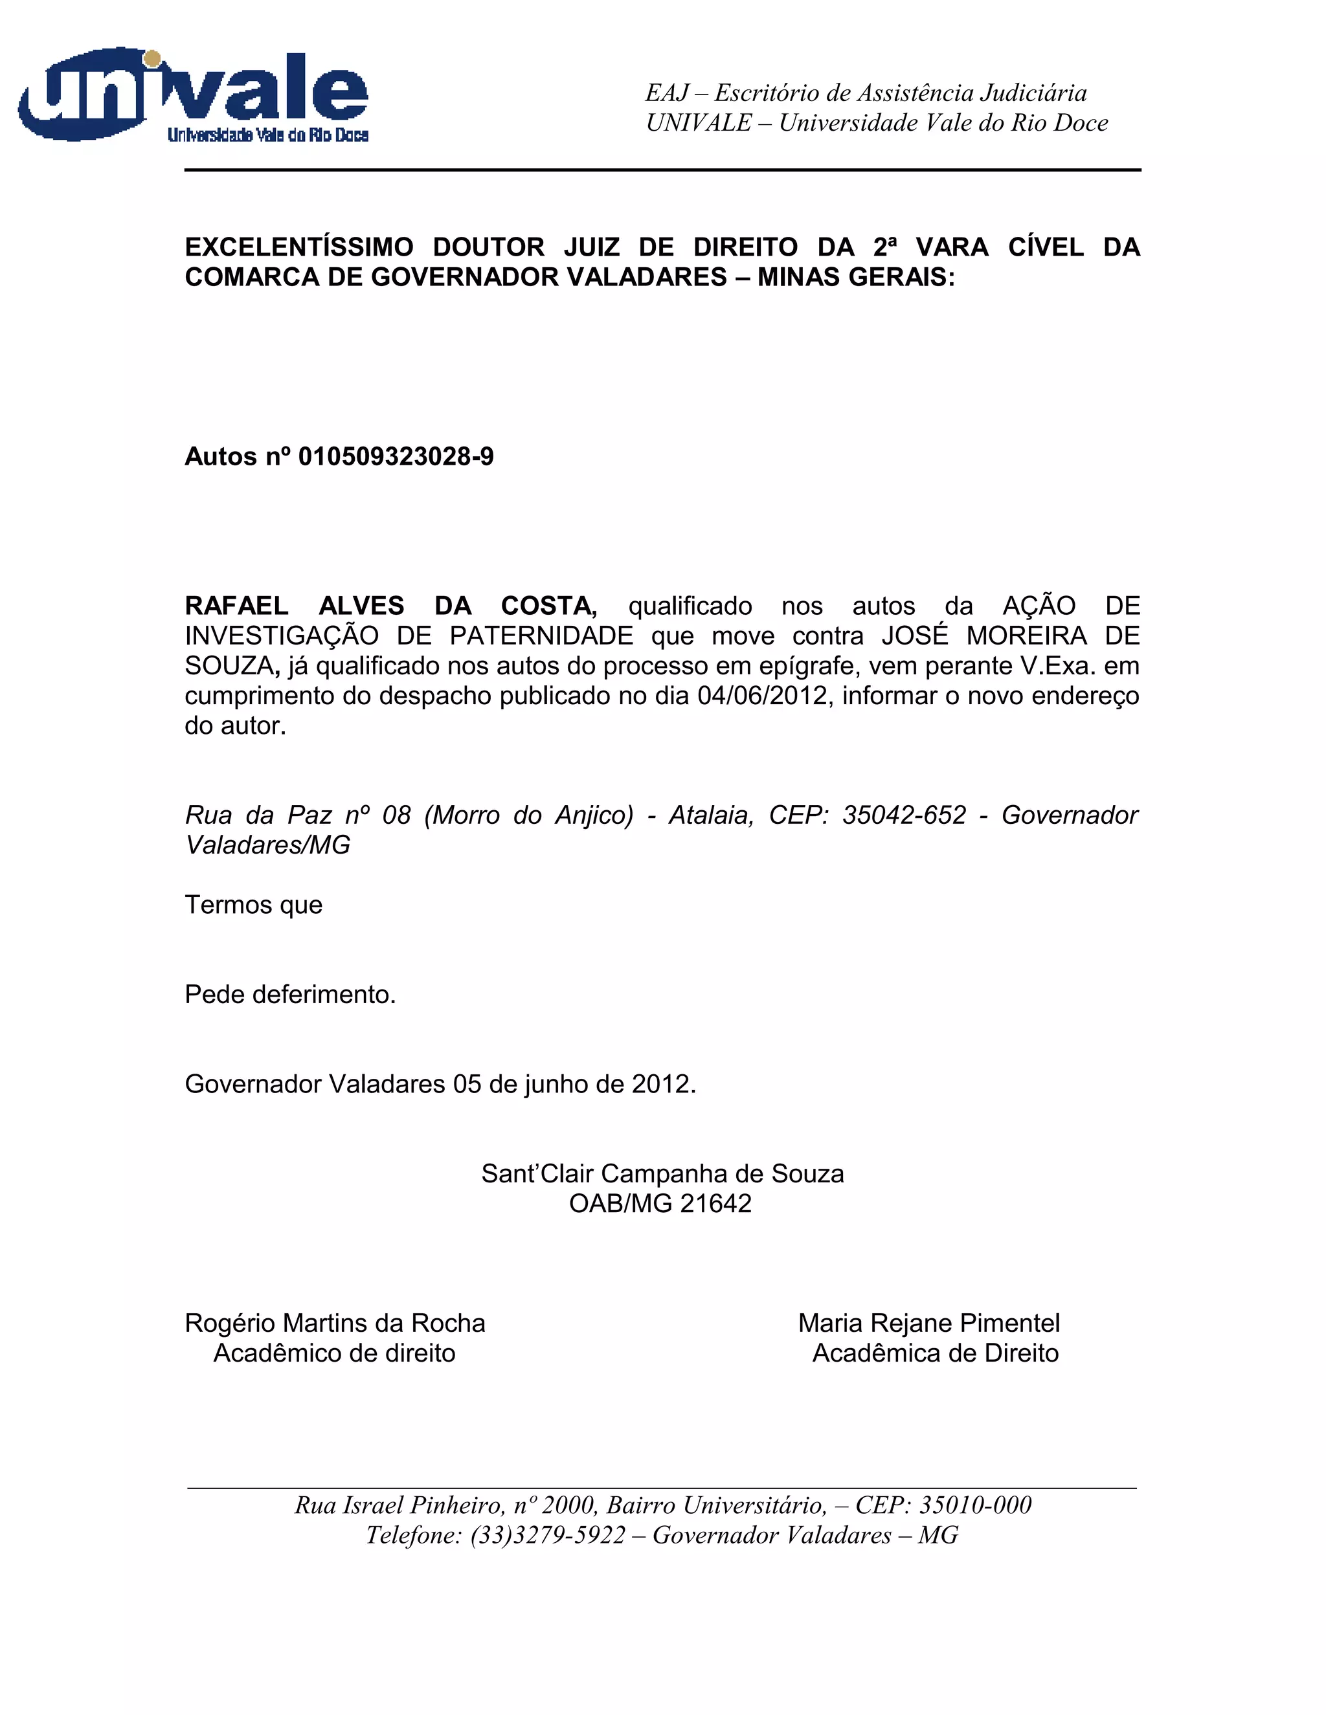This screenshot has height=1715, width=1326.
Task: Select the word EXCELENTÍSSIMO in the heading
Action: (298, 247)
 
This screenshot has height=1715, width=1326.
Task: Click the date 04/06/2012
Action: (763, 696)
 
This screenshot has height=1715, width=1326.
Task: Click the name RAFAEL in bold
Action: (236, 606)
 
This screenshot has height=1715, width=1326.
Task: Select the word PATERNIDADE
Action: (541, 636)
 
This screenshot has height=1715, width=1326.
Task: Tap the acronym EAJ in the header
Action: (667, 93)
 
